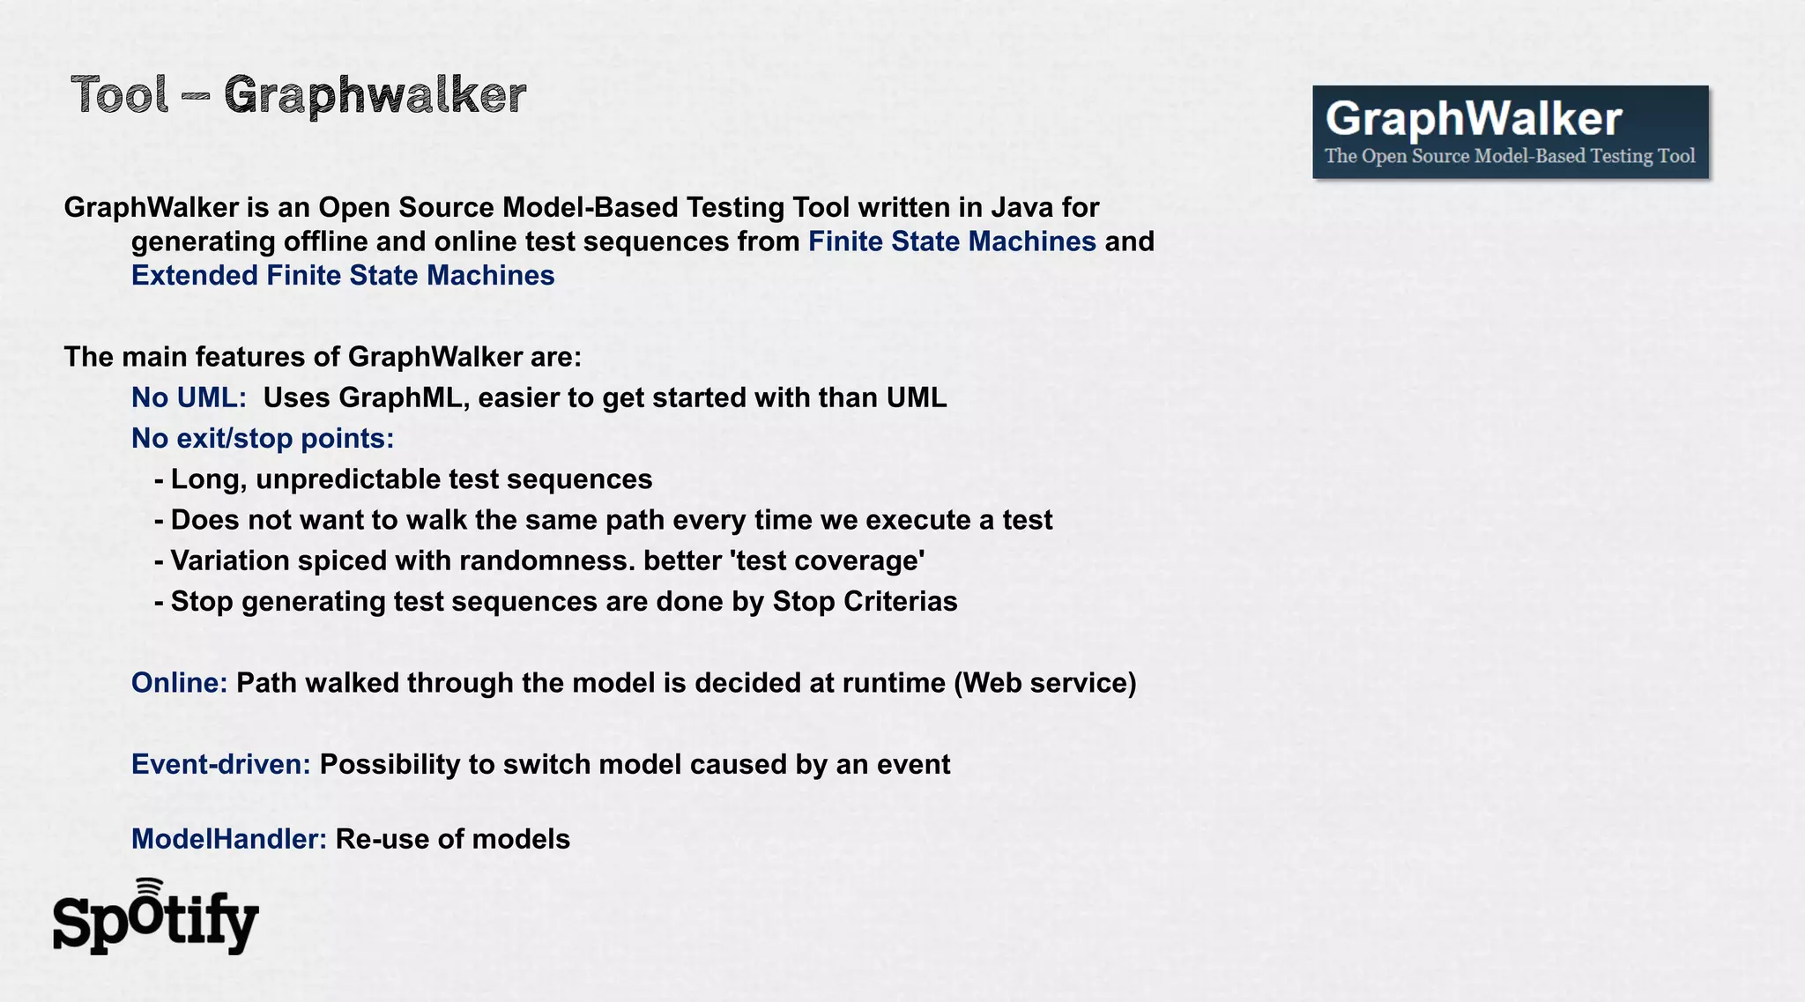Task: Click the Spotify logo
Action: pyautogui.click(x=156, y=919)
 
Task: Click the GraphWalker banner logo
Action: pyautogui.click(x=1510, y=131)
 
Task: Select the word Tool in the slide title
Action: pyautogui.click(x=120, y=94)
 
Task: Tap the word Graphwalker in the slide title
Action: pyautogui.click(x=375, y=96)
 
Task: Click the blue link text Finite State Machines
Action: pyautogui.click(x=952, y=241)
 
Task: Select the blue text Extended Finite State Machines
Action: pyautogui.click(x=343, y=276)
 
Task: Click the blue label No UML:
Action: pyautogui.click(x=189, y=397)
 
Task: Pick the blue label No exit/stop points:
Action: pyautogui.click(x=263, y=438)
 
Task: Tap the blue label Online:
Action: pyautogui.click(x=179, y=683)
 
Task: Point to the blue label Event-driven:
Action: pyautogui.click(x=220, y=764)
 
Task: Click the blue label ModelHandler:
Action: pyautogui.click(x=229, y=839)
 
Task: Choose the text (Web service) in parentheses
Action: pyautogui.click(x=1044, y=683)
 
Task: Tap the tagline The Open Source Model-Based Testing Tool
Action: pyautogui.click(x=1510, y=156)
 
